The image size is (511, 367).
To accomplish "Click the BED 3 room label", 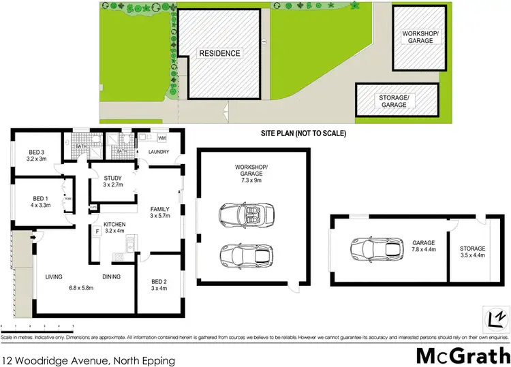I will coord(37,151).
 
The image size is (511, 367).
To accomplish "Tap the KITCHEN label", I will coord(112,223).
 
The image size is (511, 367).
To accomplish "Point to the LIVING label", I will coord(55,277).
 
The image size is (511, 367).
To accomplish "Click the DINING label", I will coord(111,277).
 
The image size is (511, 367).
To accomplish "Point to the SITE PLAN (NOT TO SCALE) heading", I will coord(303,134).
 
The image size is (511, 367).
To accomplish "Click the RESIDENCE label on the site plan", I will coord(219,53).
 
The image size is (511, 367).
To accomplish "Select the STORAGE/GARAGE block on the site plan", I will coord(393,101).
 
